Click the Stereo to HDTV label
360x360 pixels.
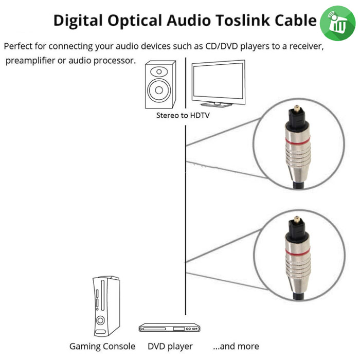[x=183, y=116]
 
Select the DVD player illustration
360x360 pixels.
[x=165, y=328]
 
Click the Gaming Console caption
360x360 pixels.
[x=102, y=346]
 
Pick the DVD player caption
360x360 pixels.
[x=170, y=346]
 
